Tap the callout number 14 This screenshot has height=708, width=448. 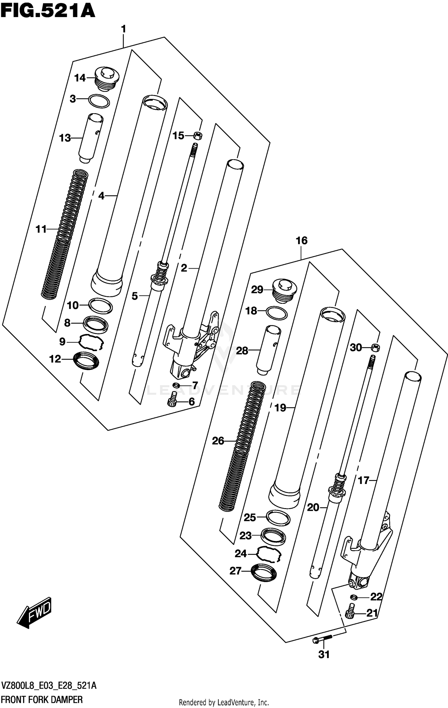[80, 78]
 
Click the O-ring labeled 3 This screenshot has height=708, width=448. [99, 101]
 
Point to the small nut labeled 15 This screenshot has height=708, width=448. [198, 136]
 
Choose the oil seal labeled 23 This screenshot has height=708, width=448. [273, 536]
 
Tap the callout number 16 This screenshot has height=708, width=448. [301, 240]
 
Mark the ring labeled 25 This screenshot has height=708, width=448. [278, 518]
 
